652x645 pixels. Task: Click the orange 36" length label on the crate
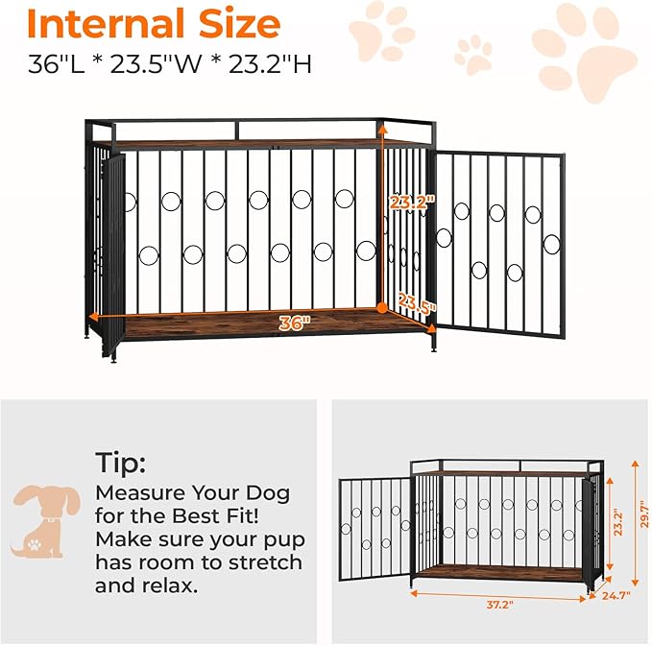[x=295, y=323]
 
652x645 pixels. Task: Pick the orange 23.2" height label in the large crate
[x=412, y=203]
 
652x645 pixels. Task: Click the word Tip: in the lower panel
[x=121, y=463]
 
